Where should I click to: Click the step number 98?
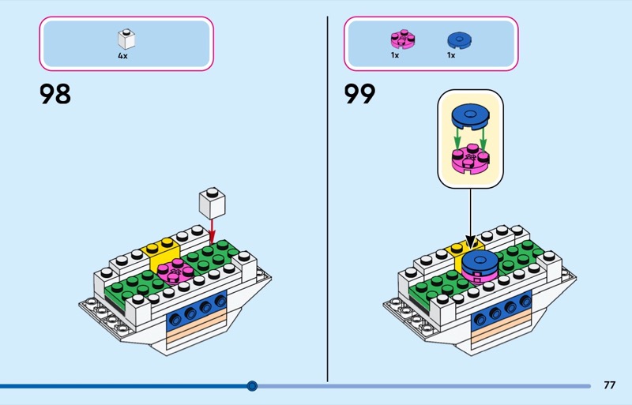(x=55, y=95)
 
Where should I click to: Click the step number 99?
(x=359, y=95)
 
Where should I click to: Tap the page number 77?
(x=609, y=385)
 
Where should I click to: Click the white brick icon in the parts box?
(x=125, y=39)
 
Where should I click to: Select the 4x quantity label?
(x=123, y=56)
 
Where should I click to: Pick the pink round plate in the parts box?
(x=402, y=39)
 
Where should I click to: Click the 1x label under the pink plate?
(x=395, y=56)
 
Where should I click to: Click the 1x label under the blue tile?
(x=451, y=56)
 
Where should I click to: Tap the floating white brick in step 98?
(x=212, y=204)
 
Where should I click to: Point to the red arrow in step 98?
(x=212, y=231)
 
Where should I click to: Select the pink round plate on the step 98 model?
(x=175, y=272)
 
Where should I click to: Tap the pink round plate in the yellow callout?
(x=469, y=159)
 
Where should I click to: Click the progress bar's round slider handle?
(x=252, y=386)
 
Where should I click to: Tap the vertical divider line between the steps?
(x=328, y=197)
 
